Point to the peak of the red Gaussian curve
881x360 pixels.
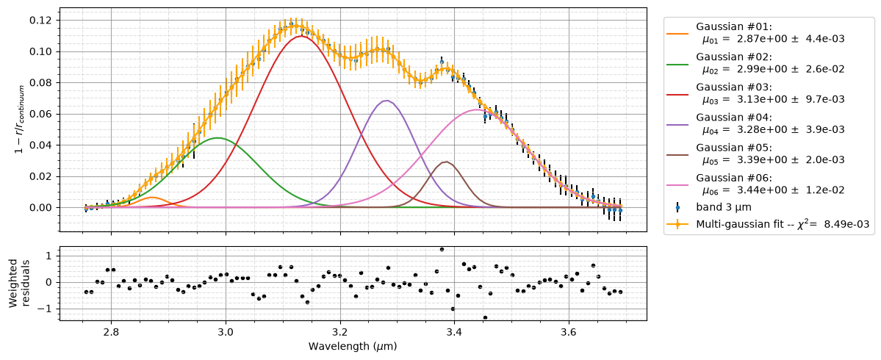pyautogui.click(x=301, y=36)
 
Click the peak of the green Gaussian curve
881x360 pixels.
pyautogui.click(x=217, y=137)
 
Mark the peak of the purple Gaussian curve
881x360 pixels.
pyautogui.click(x=386, y=101)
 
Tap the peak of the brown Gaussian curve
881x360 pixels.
pyautogui.click(x=446, y=162)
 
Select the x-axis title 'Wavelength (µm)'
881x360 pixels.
pyautogui.click(x=352, y=346)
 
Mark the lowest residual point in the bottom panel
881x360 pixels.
pyautogui.click(x=485, y=318)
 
